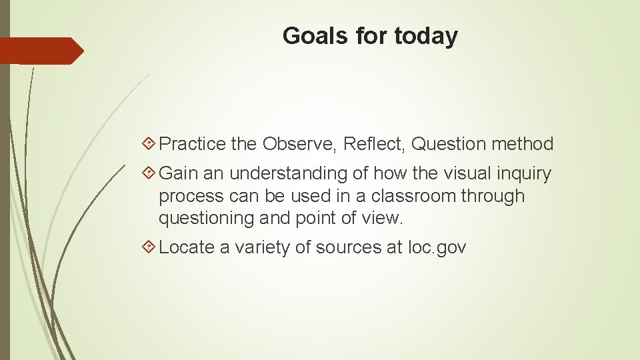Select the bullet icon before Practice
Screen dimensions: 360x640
[150, 144]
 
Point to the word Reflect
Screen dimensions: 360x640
[375, 144]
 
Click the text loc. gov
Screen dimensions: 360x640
[437, 248]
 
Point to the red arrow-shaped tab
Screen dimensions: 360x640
[41, 51]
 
